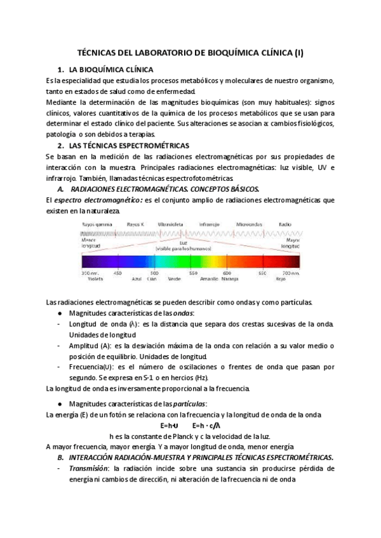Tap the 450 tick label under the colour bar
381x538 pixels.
[x=117, y=272]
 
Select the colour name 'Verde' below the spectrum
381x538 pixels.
[x=173, y=278]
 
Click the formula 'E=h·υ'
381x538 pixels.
[x=170, y=426]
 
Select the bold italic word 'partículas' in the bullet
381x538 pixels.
[x=188, y=403]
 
